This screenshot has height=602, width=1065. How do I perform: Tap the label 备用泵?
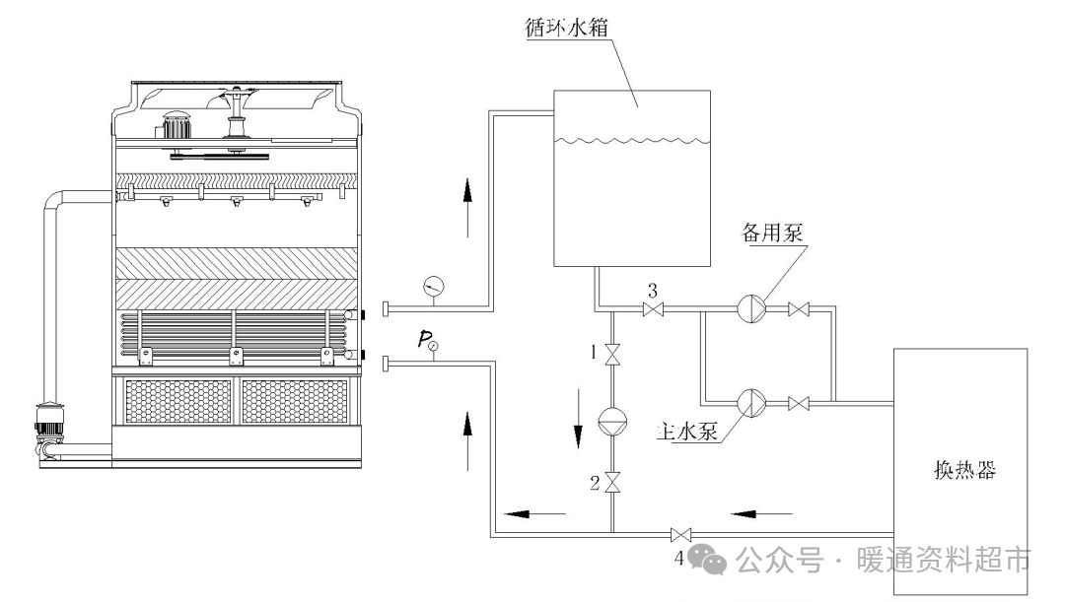[x=773, y=234]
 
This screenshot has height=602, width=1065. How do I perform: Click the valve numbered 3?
[x=652, y=310]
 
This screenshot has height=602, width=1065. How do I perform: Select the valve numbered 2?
[x=612, y=482]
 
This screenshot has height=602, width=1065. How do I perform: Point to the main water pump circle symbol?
[x=750, y=402]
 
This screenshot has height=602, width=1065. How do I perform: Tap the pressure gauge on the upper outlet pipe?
[x=432, y=287]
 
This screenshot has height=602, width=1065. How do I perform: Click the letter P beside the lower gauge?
[x=423, y=341]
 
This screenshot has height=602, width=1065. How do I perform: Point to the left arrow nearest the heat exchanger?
[x=762, y=512]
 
